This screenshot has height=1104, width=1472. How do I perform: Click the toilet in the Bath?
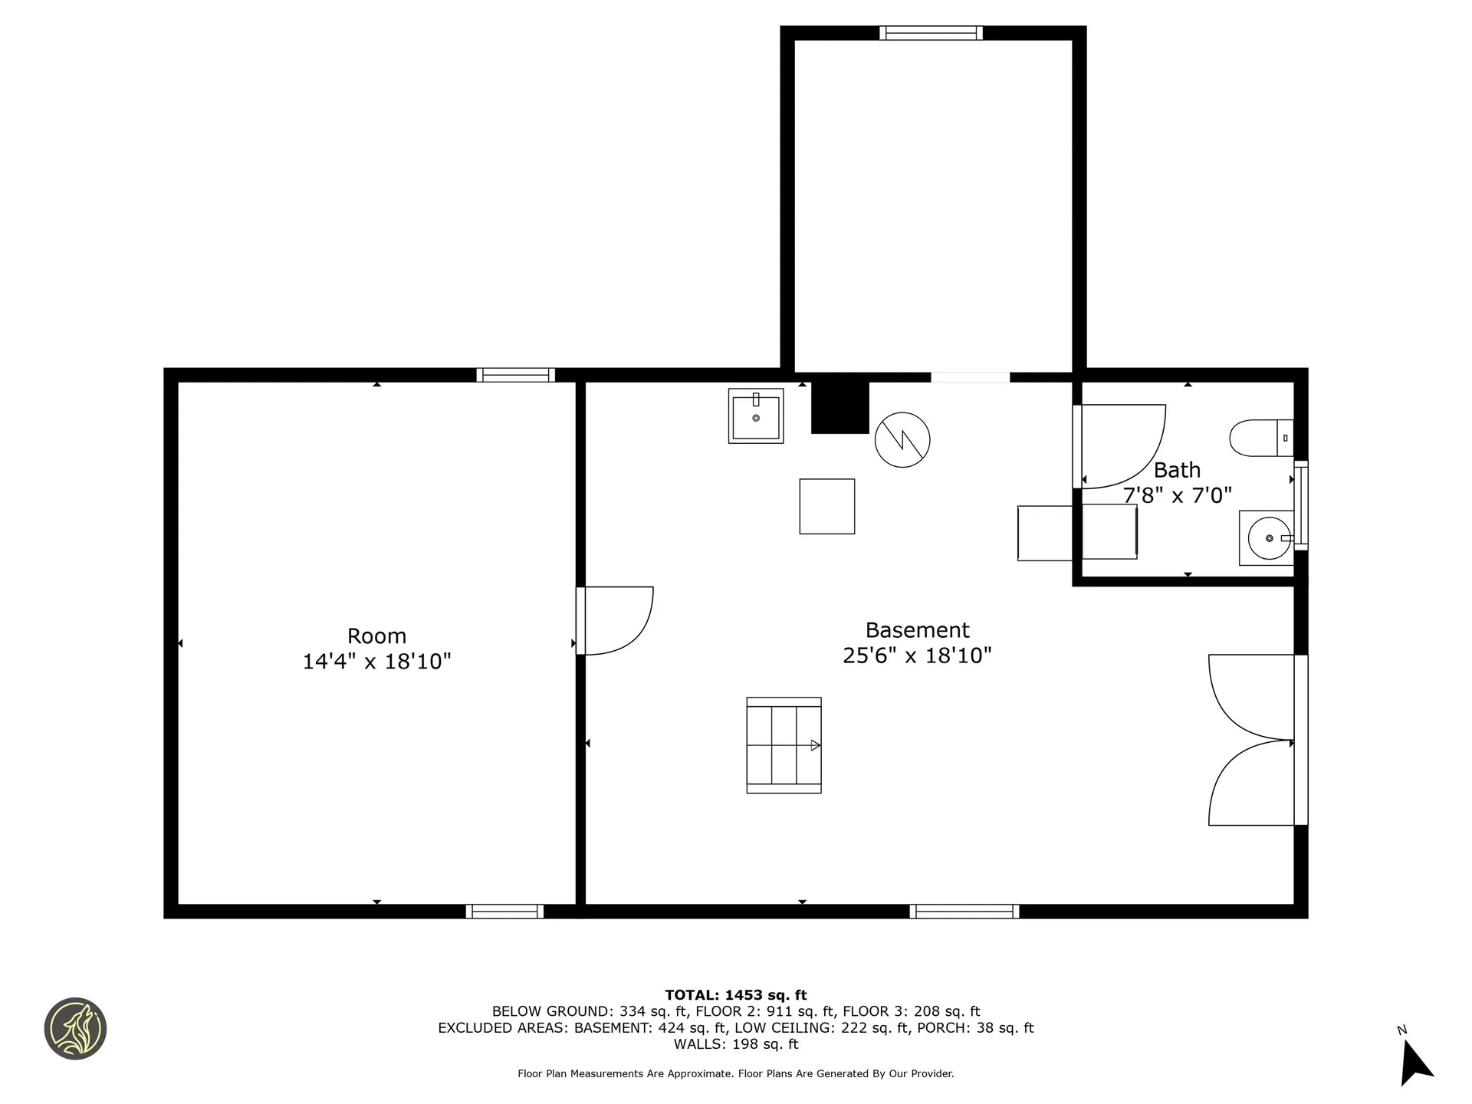pos(1261,438)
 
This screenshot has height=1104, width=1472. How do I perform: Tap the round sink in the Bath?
pos(1270,538)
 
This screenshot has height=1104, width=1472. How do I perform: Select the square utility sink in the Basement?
pos(756,416)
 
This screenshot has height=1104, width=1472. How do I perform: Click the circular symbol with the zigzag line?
pos(902,440)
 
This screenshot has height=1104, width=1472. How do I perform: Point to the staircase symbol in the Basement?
pos(784,745)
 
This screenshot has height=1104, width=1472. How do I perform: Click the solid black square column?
pos(840,407)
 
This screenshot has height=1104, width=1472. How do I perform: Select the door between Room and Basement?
pos(614,620)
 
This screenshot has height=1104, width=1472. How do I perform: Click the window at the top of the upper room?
pos(931,33)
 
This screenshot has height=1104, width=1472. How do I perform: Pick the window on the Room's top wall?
pos(515,375)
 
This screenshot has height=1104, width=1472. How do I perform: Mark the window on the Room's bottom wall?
pos(504,912)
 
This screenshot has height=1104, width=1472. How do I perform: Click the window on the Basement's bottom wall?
pos(964,912)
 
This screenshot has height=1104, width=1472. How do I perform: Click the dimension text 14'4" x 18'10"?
pos(376,662)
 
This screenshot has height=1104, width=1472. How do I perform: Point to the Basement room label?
pos(917,630)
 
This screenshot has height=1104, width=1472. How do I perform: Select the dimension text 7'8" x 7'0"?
pos(1178,495)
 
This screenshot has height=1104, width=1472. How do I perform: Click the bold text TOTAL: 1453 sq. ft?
pos(736,995)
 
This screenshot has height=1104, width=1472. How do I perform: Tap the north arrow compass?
pos(1415,1061)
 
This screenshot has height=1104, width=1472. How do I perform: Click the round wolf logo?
pos(75,1029)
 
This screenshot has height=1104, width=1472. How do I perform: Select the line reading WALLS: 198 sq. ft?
pos(736,1044)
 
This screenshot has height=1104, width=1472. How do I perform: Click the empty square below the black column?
pos(827,507)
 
